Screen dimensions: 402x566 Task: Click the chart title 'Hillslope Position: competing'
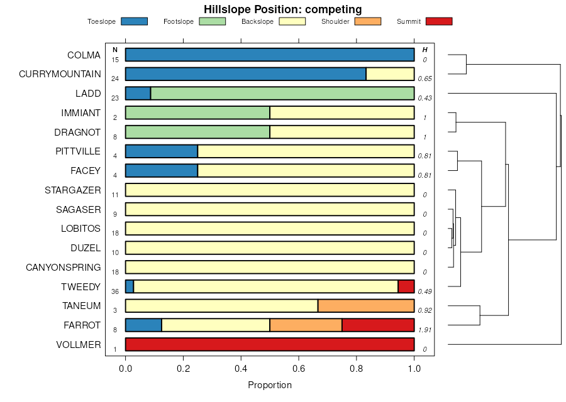(x=282, y=9)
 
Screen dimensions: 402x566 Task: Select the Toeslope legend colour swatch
(x=133, y=21)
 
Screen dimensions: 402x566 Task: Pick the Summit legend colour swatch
(x=438, y=21)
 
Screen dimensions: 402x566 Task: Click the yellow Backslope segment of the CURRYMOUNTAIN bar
(x=390, y=74)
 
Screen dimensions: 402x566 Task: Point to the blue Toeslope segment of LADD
(x=138, y=94)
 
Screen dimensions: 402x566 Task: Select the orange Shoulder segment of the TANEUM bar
(x=366, y=306)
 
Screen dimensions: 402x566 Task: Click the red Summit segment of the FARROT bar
(x=378, y=325)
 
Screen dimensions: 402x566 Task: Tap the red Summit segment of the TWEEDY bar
(x=406, y=286)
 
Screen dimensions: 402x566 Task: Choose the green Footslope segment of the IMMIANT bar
(x=197, y=113)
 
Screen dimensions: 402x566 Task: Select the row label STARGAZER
(x=72, y=190)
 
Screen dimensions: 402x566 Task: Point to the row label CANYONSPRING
(x=63, y=268)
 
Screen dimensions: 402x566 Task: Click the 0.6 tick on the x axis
(x=299, y=369)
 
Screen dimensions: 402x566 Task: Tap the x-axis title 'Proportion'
(x=270, y=385)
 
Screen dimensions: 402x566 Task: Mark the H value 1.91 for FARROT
(x=425, y=330)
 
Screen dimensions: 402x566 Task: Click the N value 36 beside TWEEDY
(x=115, y=291)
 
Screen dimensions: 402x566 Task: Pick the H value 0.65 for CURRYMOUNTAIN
(x=425, y=79)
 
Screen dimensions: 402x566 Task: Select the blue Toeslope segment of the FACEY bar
(x=162, y=171)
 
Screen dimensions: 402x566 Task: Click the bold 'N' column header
(x=115, y=50)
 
